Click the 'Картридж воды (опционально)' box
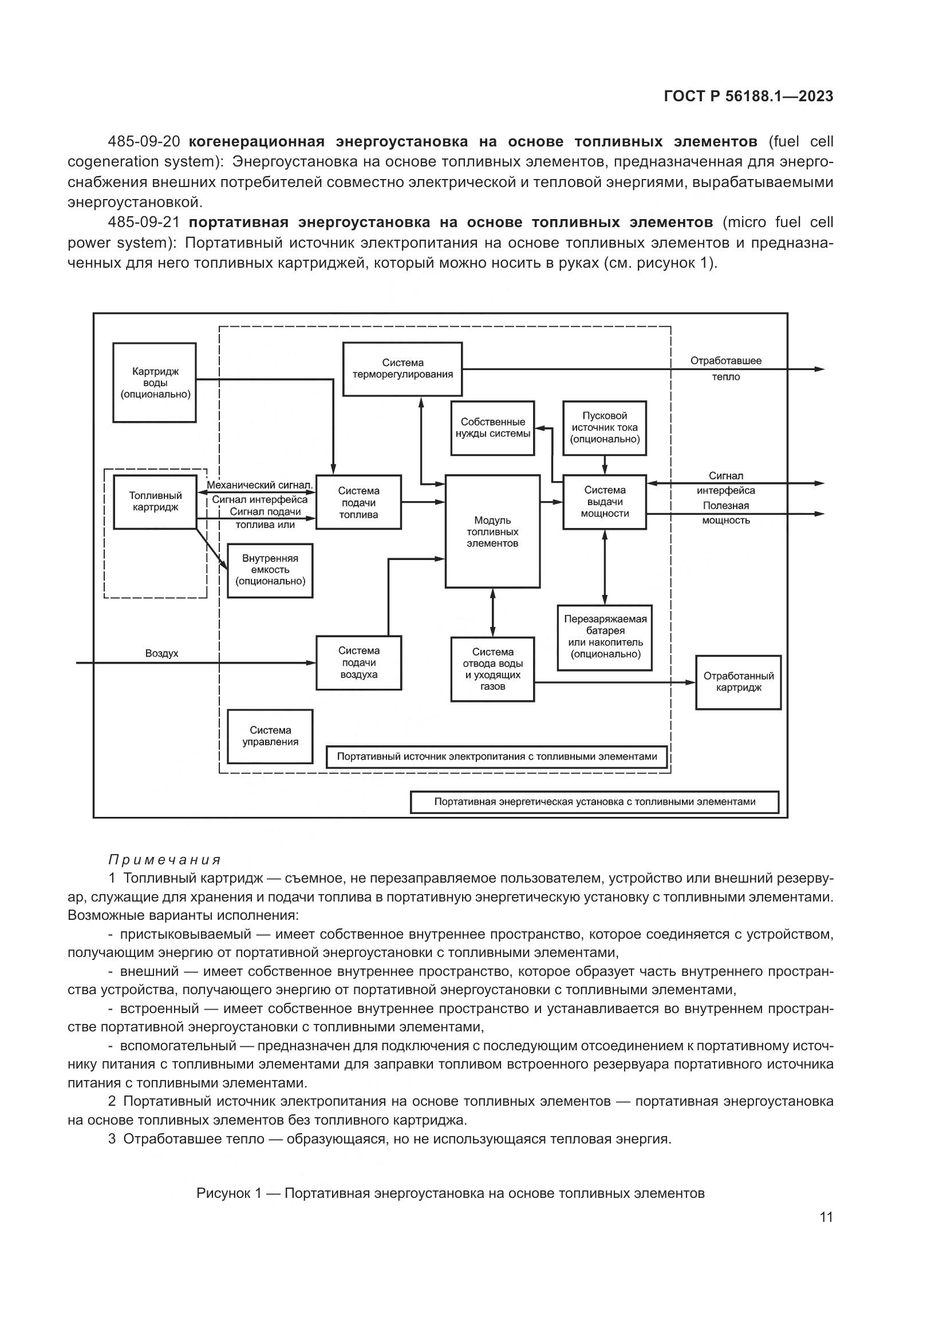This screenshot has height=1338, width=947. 155,382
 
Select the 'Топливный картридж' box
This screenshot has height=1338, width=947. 155,502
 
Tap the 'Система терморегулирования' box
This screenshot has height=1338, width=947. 403,369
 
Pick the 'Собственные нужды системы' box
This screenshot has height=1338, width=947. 493,428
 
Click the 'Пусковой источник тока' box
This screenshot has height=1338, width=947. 605,428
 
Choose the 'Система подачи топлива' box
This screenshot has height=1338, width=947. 358,502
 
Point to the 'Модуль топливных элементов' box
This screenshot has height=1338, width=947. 493,531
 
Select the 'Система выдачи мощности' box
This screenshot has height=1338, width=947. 605,502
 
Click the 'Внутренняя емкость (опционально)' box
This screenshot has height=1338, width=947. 270,570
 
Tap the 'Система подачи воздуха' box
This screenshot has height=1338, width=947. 358,662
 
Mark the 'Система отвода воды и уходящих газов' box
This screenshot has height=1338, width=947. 493,669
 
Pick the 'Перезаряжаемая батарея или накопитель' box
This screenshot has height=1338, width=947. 605,637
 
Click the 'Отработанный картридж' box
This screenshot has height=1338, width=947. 738,682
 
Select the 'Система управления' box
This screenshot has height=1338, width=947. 270,736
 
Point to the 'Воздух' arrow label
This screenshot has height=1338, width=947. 161,654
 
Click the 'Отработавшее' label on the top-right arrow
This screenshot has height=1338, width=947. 726,361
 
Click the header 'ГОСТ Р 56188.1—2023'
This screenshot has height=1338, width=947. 749,97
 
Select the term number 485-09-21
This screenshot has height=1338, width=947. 144,223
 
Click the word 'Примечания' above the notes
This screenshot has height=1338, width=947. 165,860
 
